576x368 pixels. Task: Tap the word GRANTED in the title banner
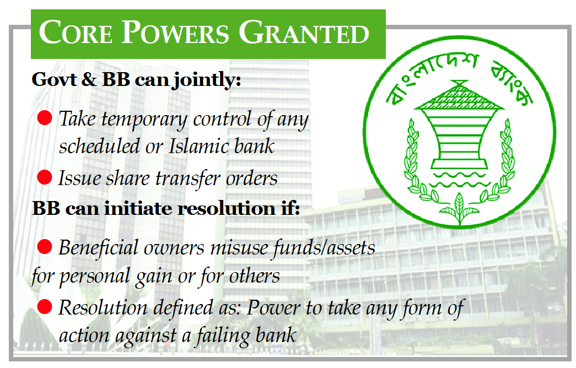point(304,33)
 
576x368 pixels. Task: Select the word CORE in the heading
point(76,33)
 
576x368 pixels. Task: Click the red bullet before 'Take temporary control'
point(45,117)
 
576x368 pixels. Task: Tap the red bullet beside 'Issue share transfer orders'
point(45,177)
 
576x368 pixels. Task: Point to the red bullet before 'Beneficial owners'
point(45,246)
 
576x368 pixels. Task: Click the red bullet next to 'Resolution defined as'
point(45,306)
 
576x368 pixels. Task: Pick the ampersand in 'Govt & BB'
point(89,79)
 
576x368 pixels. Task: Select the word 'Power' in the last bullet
point(273,308)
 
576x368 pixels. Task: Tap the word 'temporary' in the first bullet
point(144,120)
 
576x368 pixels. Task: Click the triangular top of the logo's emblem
point(458,95)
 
